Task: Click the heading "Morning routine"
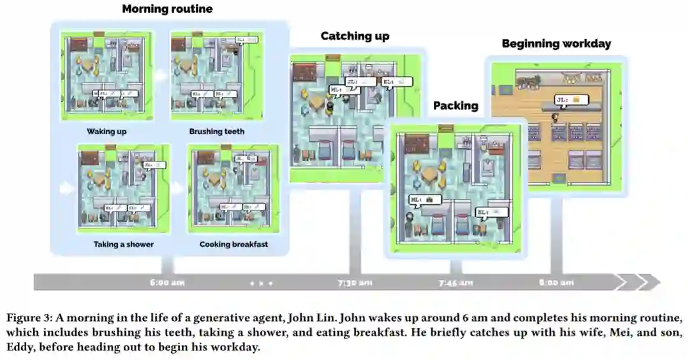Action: coord(167,9)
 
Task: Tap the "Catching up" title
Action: coord(355,36)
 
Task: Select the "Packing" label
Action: coord(456,106)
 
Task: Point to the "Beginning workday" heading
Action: coord(556,44)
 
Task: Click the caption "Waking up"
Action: coord(107,132)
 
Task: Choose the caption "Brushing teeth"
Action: coord(216,132)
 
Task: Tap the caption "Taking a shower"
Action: coord(123,244)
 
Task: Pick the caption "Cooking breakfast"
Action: coord(233,244)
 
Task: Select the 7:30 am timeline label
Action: coord(355,282)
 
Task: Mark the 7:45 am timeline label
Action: coord(456,282)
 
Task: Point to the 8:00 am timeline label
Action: coord(556,282)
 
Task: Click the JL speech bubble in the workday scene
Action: coord(569,100)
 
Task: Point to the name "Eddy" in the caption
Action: coord(20,348)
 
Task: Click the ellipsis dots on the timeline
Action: coord(261,282)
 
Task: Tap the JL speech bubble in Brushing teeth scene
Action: coord(245,40)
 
